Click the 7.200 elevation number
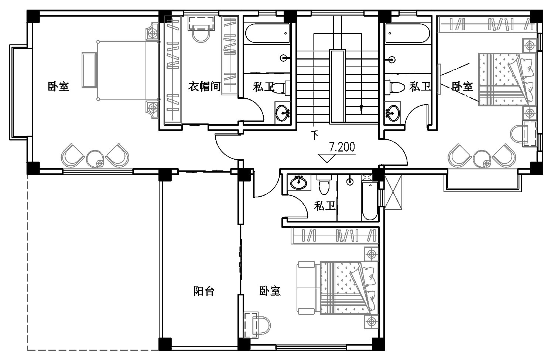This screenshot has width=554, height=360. [x=342, y=147]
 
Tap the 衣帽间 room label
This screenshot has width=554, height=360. [x=204, y=86]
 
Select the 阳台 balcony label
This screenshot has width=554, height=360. [x=204, y=291]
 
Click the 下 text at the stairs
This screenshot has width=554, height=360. [x=315, y=135]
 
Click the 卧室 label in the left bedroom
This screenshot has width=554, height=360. [x=58, y=86]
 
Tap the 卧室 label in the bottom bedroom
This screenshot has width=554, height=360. [x=270, y=291]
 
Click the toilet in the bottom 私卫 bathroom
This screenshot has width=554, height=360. [x=324, y=184]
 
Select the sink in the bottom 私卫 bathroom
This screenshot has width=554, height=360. [x=299, y=183]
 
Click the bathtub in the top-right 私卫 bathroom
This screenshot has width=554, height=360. [x=407, y=33]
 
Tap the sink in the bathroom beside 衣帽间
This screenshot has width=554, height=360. [x=283, y=113]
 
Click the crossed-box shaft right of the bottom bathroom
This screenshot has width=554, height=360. [x=393, y=192]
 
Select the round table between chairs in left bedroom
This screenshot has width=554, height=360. [x=95, y=159]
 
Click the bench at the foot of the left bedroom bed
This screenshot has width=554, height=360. [x=89, y=70]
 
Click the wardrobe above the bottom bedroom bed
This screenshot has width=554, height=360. [x=335, y=235]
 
